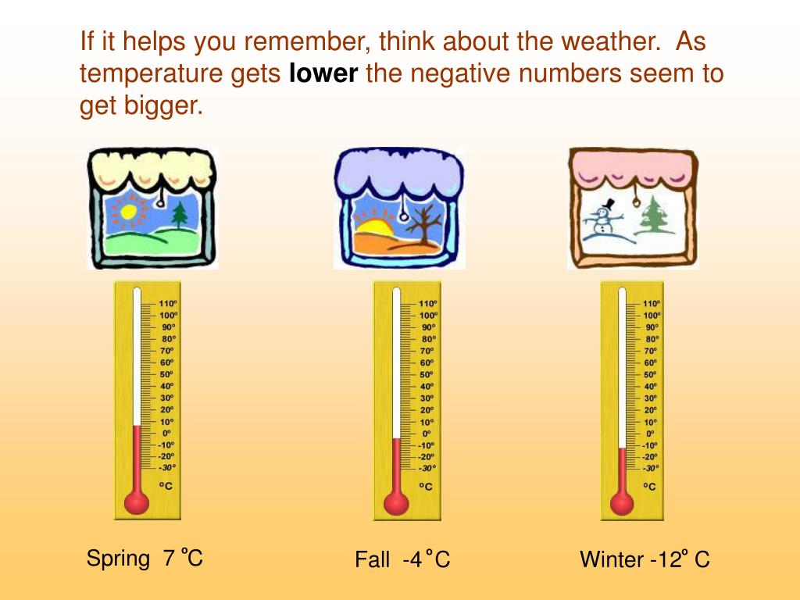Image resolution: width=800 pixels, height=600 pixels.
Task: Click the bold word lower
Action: [x=323, y=74]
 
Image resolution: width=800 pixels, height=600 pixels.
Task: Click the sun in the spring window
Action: [x=127, y=210]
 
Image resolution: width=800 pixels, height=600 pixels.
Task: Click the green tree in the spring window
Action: [x=179, y=215]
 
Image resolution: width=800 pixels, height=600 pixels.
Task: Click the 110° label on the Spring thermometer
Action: [x=168, y=303]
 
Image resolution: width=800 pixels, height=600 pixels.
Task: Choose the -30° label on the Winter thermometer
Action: [x=650, y=468]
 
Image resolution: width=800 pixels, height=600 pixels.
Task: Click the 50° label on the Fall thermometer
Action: [x=427, y=374]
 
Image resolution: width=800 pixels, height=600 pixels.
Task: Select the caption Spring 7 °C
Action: [x=145, y=558]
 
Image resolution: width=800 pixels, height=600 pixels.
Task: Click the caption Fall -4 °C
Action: [x=402, y=559]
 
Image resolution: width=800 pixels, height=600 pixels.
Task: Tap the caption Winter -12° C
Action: [x=645, y=559]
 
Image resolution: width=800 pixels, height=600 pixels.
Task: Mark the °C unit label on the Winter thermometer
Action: [x=650, y=485]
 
